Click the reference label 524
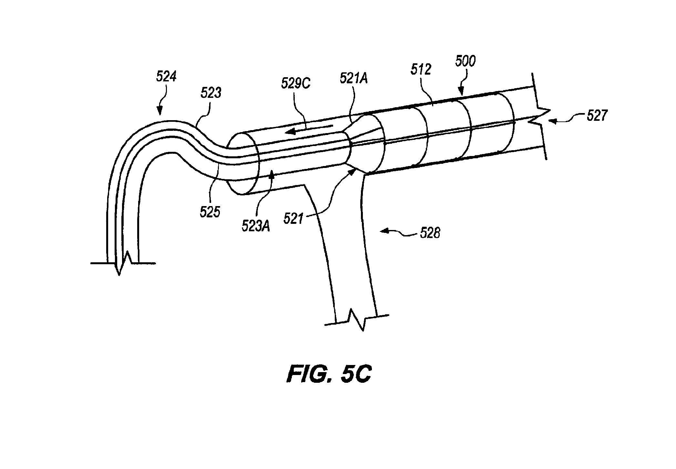pyautogui.click(x=167, y=77)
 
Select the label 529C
pyautogui.click(x=296, y=83)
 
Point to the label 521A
pyautogui.click(x=354, y=78)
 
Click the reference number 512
pyautogui.click(x=422, y=69)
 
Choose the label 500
pyautogui.click(x=465, y=61)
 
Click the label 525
pyautogui.click(x=210, y=212)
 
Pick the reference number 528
pyautogui.click(x=430, y=233)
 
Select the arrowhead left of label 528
pyautogui.click(x=384, y=231)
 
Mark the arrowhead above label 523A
pyautogui.click(x=273, y=174)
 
